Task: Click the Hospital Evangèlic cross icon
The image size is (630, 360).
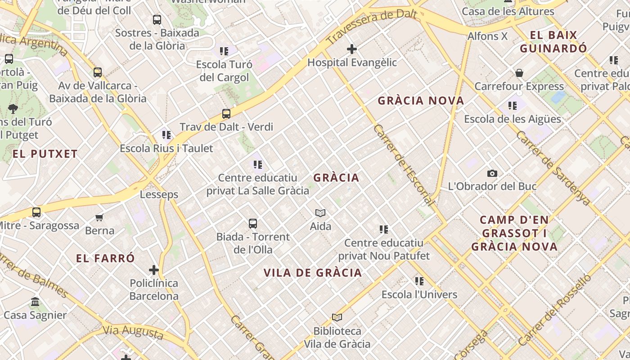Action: click(x=352, y=49)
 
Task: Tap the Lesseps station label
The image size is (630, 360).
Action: click(x=159, y=195)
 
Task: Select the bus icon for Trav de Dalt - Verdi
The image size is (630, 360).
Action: click(x=226, y=114)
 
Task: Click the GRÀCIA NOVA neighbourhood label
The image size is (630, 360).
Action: click(x=421, y=101)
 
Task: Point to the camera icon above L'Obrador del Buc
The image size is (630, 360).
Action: click(x=492, y=173)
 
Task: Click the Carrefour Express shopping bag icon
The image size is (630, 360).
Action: click(x=519, y=73)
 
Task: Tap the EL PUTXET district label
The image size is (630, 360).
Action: click(x=45, y=154)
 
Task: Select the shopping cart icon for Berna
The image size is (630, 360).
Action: click(x=99, y=217)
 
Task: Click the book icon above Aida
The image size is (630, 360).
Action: click(x=320, y=213)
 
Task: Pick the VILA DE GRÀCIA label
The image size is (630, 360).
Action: click(x=313, y=273)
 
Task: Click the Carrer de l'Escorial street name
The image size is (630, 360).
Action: click(x=404, y=165)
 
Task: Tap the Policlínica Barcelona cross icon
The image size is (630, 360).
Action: click(x=154, y=270)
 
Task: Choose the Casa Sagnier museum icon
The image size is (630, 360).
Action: click(x=35, y=302)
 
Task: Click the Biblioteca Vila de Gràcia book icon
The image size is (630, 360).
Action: click(x=337, y=318)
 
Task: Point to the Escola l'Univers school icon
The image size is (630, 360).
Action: click(x=419, y=282)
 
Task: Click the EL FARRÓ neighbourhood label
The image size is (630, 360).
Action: click(x=105, y=258)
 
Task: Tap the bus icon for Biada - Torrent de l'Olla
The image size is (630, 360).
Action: click(x=253, y=224)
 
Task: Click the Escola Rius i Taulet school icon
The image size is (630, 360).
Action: click(x=166, y=135)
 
